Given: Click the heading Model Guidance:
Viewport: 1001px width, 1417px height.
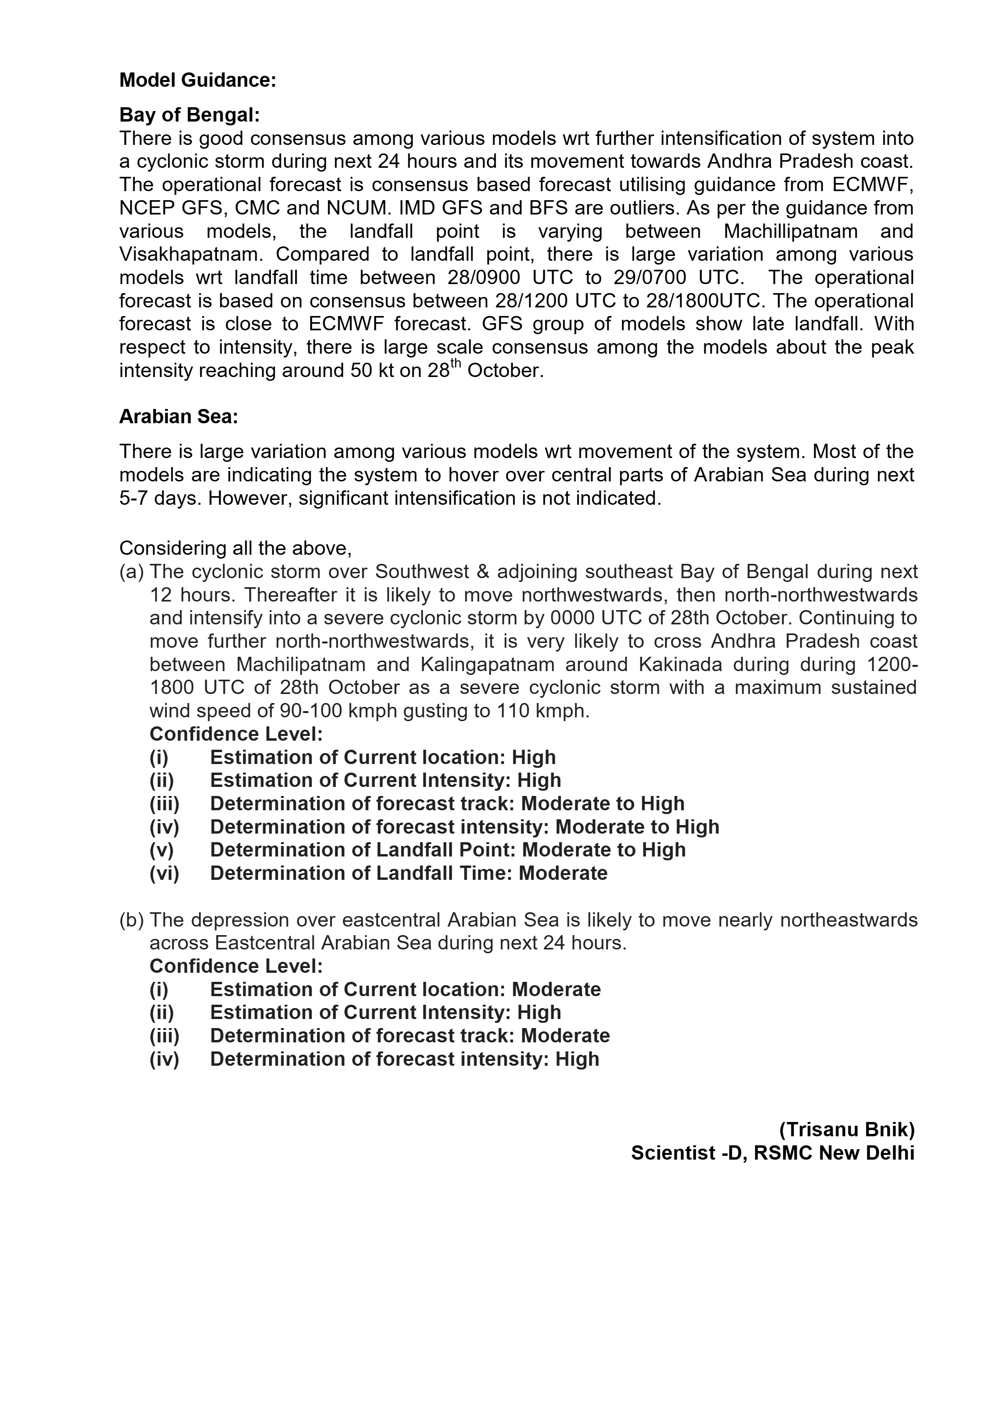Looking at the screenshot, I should (197, 80).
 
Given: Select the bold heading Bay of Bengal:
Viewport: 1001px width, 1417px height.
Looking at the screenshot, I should (189, 115).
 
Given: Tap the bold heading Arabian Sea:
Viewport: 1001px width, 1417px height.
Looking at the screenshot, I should (178, 417).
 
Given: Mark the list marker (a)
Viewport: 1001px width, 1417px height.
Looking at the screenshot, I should (132, 571).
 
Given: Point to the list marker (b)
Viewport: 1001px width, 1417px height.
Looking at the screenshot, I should (132, 920).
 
